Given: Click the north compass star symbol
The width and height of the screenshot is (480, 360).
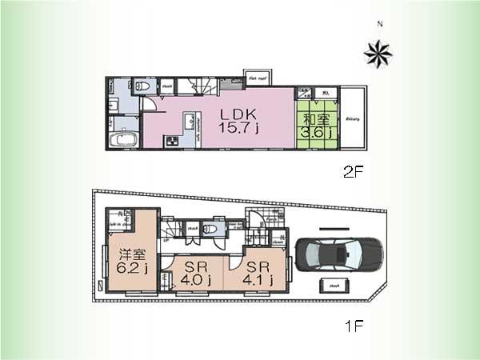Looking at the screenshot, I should coord(378,54).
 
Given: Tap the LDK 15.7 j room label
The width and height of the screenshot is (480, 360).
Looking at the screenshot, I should coord(238,122).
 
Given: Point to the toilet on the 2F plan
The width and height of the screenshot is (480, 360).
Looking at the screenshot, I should coord(142,85).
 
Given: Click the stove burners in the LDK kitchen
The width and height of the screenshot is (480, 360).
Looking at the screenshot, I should coord(173,142).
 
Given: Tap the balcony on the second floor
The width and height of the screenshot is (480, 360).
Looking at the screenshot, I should coord(353,118).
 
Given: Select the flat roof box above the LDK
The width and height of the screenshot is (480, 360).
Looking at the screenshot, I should coord(257,78).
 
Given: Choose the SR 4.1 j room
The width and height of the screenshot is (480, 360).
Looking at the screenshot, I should coord(258,273).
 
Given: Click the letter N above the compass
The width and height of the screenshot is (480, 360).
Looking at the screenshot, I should coord(380,24).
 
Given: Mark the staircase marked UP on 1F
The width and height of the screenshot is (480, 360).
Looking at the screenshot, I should coord(170,230).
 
